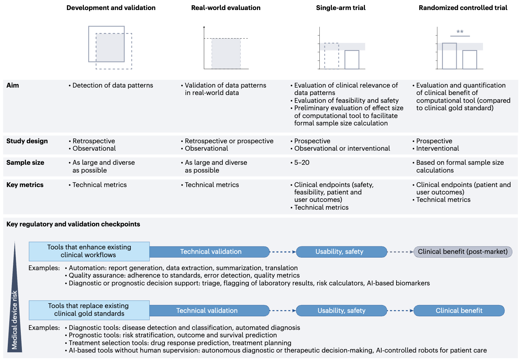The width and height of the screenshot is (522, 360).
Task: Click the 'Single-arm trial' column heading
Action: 340,8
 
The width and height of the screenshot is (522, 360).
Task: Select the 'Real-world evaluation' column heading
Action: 226,8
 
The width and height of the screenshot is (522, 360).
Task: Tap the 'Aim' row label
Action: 13,85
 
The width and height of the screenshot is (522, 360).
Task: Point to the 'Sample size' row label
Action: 25,163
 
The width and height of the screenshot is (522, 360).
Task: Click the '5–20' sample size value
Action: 302,163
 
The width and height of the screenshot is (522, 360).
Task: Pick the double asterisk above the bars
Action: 460,32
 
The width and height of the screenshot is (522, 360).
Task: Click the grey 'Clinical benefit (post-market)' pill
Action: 463,252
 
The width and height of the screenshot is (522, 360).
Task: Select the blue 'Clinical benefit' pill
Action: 459,311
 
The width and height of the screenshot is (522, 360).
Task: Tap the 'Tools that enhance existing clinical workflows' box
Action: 89,251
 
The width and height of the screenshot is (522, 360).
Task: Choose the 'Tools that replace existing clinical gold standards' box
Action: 89,310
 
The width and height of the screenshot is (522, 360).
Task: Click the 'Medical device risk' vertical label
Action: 14,319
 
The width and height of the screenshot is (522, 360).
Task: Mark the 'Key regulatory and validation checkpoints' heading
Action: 73,224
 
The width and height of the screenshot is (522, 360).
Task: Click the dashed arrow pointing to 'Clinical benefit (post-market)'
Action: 400,252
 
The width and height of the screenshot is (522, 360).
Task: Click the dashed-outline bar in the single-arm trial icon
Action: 331,56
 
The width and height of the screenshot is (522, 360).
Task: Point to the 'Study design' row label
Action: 27,141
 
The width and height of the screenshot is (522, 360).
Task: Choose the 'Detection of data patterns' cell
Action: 112,85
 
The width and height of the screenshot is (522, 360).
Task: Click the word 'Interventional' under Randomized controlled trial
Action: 437,148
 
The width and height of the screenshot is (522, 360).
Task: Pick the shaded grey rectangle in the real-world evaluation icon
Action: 226,54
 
